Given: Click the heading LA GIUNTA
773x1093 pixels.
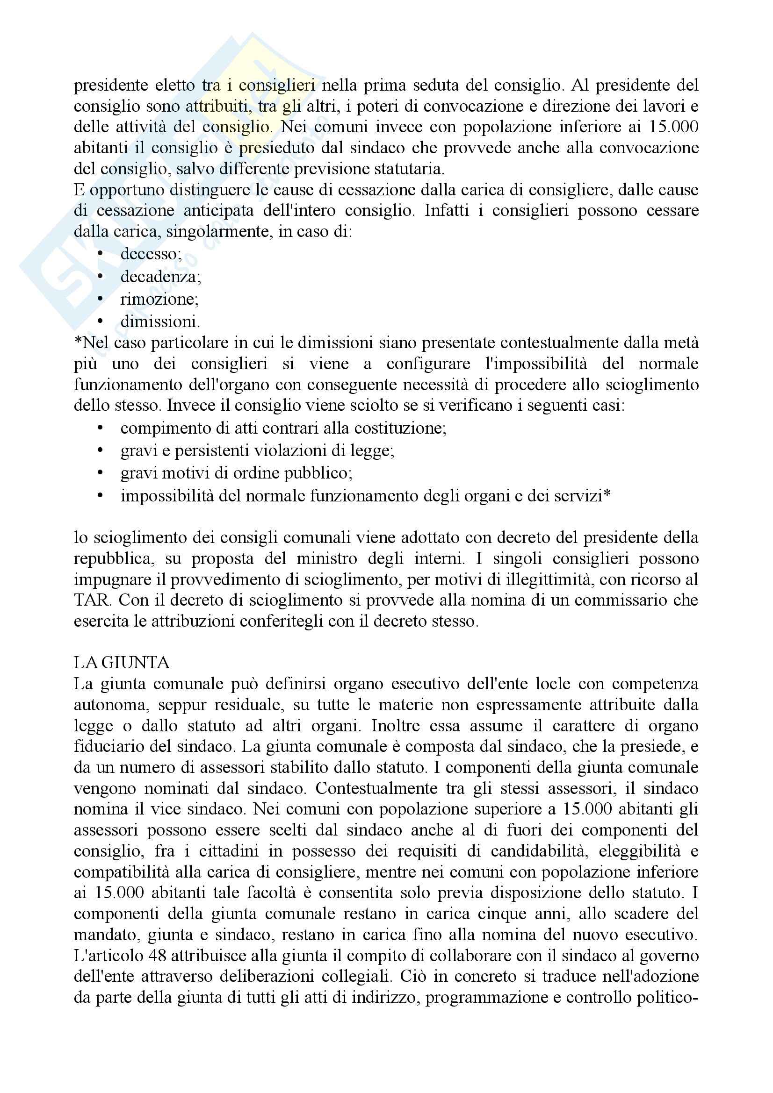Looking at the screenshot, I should pos(122,663).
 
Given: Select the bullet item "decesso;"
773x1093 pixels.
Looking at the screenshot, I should pos(151,254).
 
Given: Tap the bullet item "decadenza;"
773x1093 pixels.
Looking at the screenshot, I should pos(160,277).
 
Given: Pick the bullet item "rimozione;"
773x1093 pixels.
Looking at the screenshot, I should pos(159,300).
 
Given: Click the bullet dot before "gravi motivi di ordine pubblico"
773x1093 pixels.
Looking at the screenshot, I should pos(100,473).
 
